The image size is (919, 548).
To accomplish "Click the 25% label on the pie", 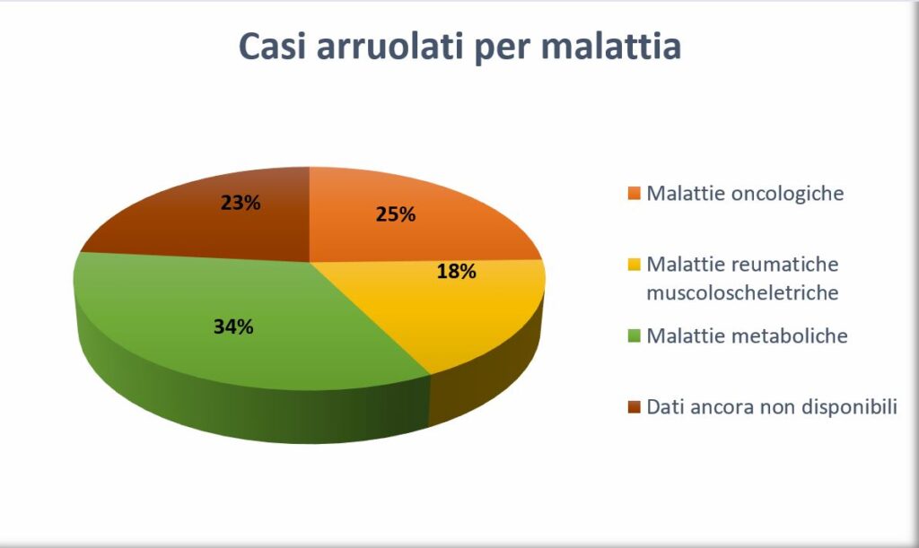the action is [x=396, y=214].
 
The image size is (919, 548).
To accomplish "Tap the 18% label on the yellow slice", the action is [x=457, y=271].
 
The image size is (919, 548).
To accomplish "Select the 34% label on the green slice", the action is [x=233, y=326].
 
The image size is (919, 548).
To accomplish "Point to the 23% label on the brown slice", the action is [x=241, y=203].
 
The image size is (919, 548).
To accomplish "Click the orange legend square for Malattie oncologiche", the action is [x=635, y=193].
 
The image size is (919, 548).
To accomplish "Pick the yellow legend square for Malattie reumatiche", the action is [x=635, y=265].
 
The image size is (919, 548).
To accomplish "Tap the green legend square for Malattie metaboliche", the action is [x=635, y=336].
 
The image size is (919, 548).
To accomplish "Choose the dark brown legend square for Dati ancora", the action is [x=635, y=407].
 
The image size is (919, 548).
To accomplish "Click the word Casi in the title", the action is [x=273, y=46].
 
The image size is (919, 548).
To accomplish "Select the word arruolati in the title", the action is [x=390, y=46].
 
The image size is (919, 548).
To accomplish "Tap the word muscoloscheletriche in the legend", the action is [x=742, y=292].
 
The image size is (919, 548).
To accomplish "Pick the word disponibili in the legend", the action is [x=849, y=407].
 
